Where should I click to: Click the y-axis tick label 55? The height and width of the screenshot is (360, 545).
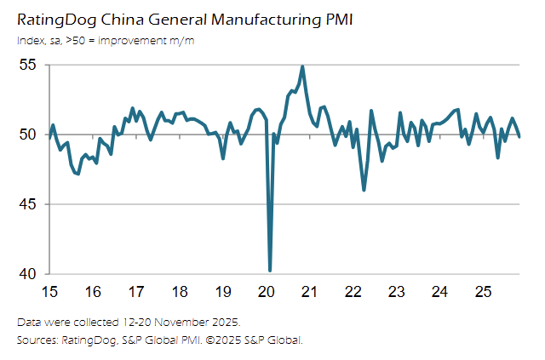[28, 65]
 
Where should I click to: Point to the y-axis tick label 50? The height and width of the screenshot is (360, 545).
[28, 134]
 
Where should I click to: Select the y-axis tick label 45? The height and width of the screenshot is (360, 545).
[28, 204]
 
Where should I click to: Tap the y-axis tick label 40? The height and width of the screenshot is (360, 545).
[28, 274]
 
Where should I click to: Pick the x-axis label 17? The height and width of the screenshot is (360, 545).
[136, 292]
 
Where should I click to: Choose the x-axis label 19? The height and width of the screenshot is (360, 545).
[223, 292]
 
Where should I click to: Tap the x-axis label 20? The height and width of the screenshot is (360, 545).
[267, 292]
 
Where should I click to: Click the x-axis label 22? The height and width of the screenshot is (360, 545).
[353, 292]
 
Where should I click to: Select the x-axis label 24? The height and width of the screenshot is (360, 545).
[439, 292]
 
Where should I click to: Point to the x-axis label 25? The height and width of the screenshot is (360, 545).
[483, 292]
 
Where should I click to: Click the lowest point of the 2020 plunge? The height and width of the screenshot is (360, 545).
[270, 271]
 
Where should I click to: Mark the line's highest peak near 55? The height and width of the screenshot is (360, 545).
[302, 66]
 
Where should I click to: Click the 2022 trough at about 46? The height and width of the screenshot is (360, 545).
[364, 190]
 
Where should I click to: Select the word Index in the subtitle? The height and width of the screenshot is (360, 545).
[30, 41]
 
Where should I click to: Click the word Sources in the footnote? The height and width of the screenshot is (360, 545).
[37, 340]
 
